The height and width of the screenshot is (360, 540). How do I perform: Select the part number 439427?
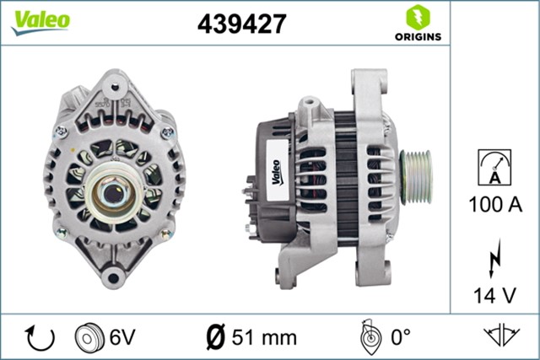point(241,24)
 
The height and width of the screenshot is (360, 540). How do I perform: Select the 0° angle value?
point(401,337)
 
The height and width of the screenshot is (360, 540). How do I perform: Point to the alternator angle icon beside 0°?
point(368,336)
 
